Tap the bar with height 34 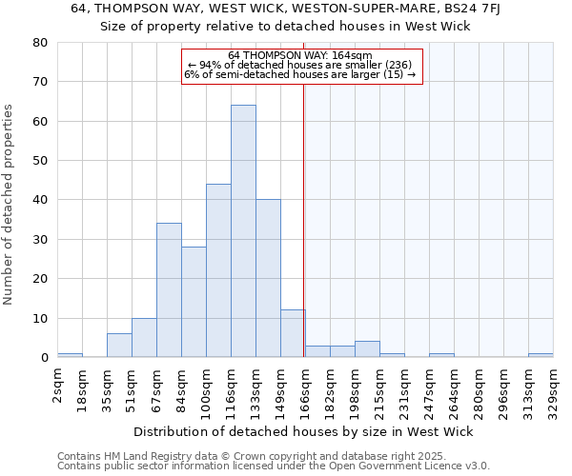169,290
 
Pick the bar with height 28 194,302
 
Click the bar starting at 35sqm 119,346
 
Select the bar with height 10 144,338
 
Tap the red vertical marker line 303,219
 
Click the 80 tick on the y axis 40,43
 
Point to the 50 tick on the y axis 40,161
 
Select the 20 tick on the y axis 40,279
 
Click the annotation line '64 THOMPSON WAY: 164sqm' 300,55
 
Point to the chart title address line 286,9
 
